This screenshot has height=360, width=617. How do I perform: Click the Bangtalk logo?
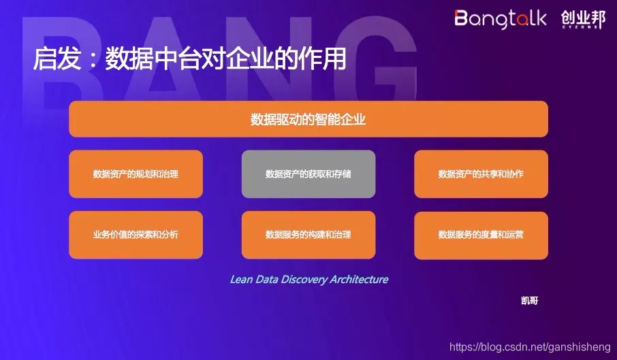point(500,18)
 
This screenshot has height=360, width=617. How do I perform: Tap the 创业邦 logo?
point(583,19)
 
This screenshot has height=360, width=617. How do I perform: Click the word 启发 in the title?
point(53,60)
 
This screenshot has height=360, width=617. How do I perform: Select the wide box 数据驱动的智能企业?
point(308,119)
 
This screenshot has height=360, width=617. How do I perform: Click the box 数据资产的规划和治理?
point(136,174)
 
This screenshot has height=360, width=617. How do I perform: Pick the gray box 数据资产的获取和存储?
point(308,174)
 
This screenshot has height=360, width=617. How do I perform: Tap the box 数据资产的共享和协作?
point(481,174)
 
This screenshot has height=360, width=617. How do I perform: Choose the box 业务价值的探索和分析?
point(136,235)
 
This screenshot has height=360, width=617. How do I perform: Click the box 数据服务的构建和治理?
point(308,235)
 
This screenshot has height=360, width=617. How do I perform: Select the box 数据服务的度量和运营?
point(481,235)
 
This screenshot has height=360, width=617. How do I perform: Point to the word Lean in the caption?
point(241,279)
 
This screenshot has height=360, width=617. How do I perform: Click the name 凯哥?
point(529,300)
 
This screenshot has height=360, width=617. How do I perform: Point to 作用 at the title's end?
point(326,60)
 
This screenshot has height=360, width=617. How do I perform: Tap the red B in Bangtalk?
point(462,18)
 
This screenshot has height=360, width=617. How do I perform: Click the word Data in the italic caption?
point(266,279)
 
